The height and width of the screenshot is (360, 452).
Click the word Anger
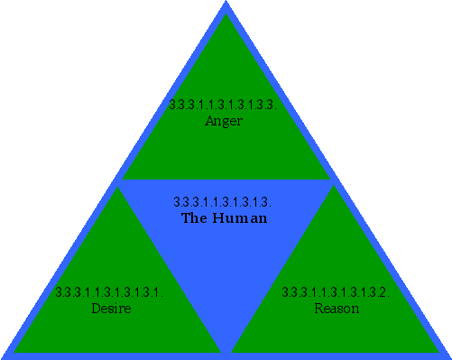224,121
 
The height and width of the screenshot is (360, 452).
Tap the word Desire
111,309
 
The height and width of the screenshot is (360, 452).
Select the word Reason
337,309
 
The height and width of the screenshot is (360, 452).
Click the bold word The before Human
194,218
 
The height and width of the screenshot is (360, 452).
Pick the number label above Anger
222,105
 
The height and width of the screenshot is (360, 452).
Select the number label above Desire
108,292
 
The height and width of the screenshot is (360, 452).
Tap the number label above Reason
336,292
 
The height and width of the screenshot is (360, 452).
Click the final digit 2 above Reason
384,292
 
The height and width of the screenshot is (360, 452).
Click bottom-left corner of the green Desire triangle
14,350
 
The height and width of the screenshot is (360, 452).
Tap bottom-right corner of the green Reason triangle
438,350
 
